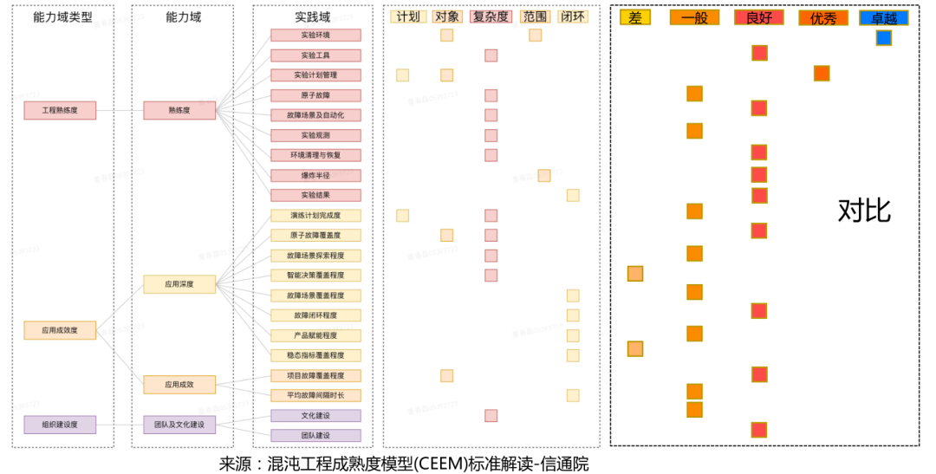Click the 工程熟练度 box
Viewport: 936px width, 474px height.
[60, 110]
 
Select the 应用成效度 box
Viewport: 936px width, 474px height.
[60, 329]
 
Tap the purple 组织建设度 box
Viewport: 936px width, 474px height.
[60, 425]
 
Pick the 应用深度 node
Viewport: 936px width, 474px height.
[179, 283]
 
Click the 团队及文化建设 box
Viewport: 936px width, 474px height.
[179, 425]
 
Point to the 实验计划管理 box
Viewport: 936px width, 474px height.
[315, 75]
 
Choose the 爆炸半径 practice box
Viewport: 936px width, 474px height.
[315, 175]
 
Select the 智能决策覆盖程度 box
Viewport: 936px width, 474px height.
[315, 275]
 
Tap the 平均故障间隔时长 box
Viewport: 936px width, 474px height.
[315, 395]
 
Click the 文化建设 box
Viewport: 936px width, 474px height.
[315, 415]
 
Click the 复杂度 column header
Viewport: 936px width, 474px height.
[491, 16]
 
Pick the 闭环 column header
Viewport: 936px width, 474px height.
[573, 16]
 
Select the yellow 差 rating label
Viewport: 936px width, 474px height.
[635, 17]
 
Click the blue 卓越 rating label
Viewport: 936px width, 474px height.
[883, 17]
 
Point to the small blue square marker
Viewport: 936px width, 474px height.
[883, 38]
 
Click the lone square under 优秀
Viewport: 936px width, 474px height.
[822, 74]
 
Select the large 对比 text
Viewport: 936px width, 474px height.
[864, 210]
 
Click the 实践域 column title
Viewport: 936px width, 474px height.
[313, 16]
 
